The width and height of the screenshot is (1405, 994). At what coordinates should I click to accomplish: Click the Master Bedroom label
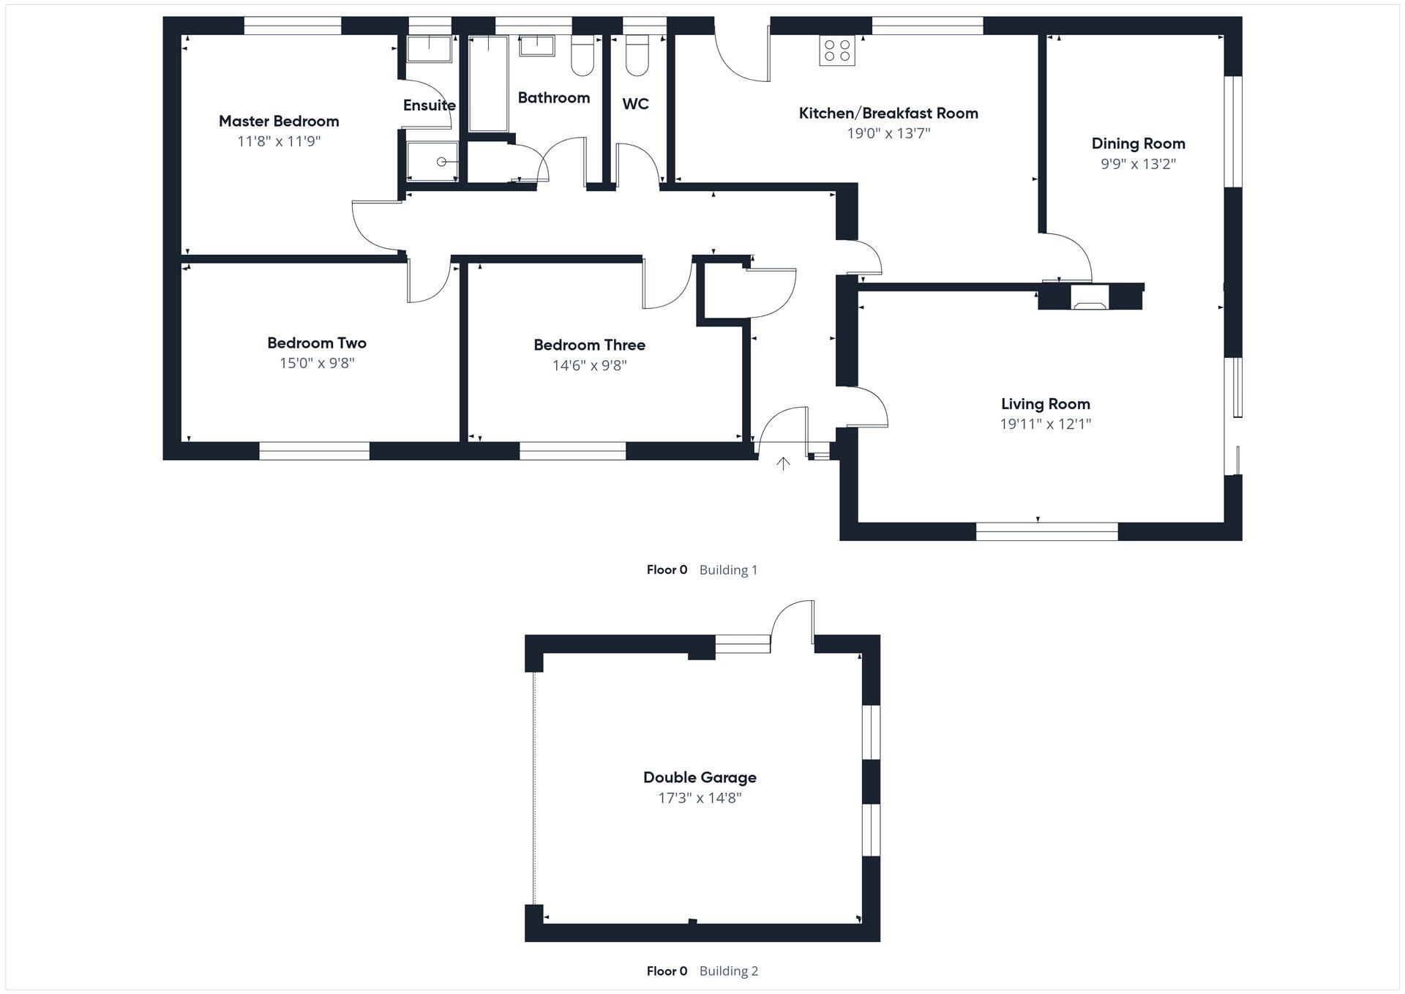coord(279,121)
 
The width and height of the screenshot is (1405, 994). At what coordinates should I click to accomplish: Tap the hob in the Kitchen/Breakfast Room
coord(837,51)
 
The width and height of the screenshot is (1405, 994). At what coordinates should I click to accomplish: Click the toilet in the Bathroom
coord(582,58)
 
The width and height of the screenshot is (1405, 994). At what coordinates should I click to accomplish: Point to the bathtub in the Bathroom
coord(488,84)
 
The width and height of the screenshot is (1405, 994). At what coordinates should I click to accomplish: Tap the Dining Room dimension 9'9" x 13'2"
coord(1138,164)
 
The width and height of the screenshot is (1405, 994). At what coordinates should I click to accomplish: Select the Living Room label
coord(1045,403)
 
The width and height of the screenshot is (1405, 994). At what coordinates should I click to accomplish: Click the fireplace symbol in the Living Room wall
coord(1090,298)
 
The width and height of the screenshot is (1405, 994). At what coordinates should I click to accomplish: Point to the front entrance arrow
coord(783,463)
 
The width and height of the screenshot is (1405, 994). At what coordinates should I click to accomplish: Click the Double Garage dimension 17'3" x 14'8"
coord(700,798)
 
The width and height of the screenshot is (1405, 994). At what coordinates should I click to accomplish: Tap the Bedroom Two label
coord(316,343)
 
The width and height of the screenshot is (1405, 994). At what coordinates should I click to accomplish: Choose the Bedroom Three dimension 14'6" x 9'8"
coord(589,365)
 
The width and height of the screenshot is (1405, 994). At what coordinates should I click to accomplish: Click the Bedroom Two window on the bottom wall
coord(315,451)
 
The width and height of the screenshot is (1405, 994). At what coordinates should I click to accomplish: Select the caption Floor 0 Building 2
coord(702,971)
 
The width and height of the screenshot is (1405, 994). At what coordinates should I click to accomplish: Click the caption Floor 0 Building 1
coord(702,569)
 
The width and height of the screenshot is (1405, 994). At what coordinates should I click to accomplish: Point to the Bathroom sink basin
coord(536,47)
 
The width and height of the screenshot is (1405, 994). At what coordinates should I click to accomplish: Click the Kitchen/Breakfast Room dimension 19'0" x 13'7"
coord(888,133)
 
